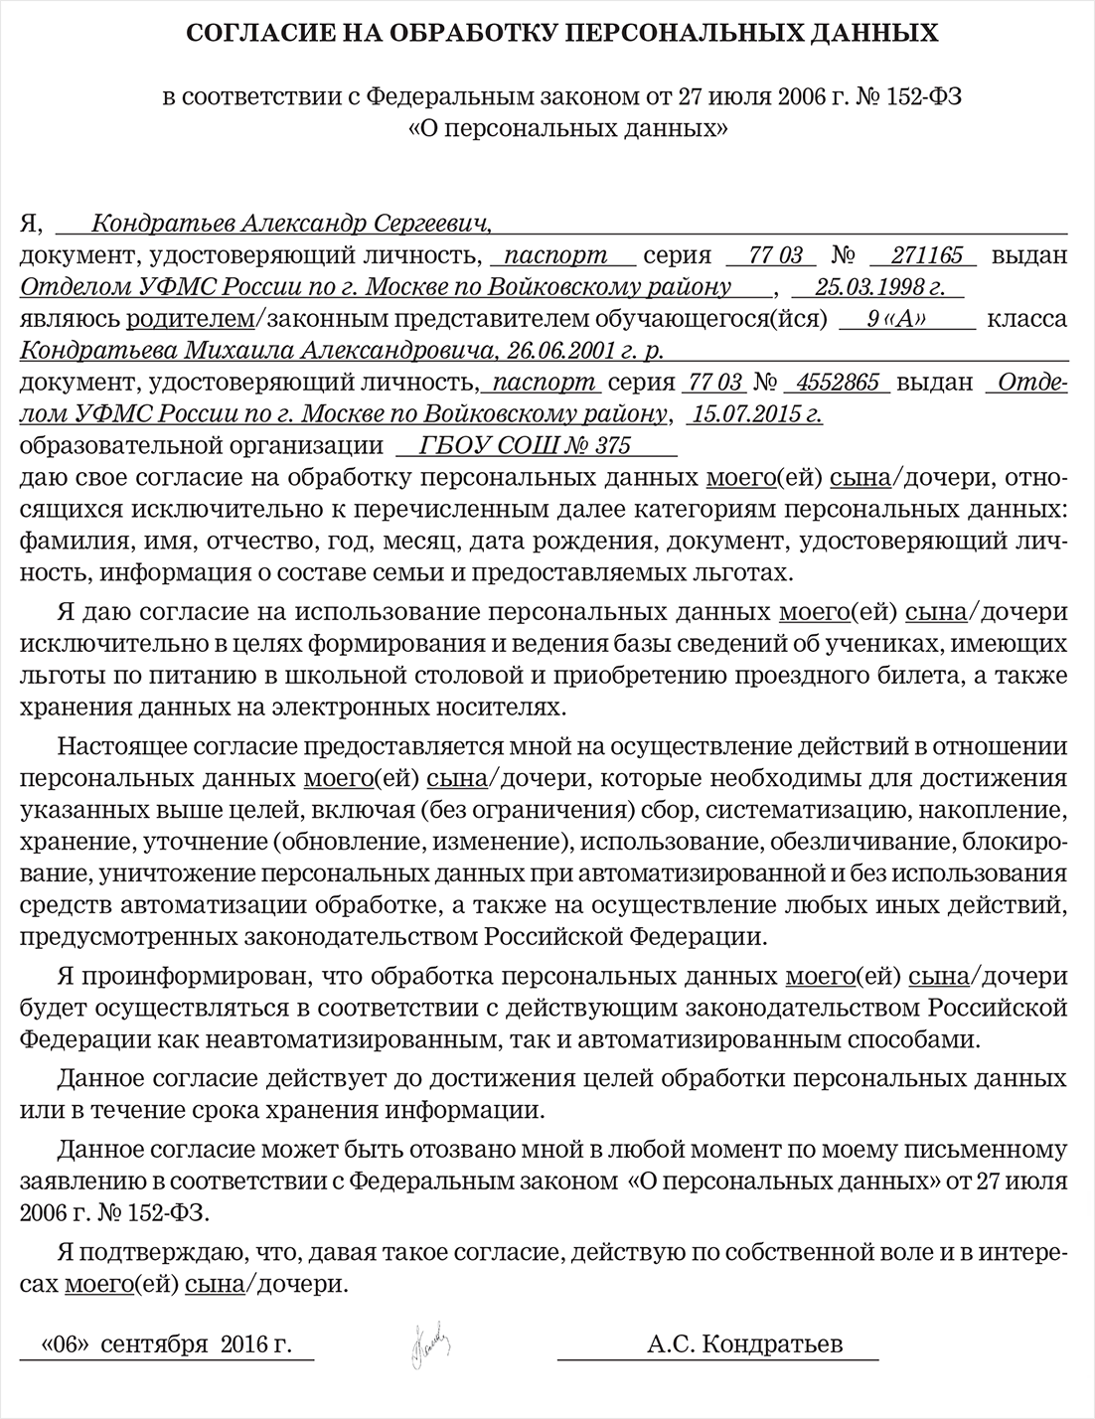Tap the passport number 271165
927,255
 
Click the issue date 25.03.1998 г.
878,287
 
